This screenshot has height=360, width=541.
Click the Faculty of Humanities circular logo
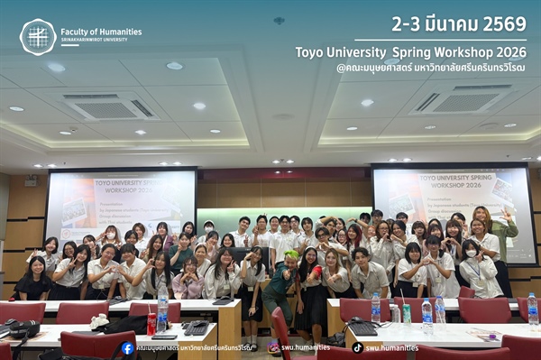point(38,37)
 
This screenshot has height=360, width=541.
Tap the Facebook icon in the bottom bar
point(127,348)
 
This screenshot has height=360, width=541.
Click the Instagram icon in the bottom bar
point(273,348)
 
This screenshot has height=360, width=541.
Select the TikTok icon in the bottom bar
point(358,348)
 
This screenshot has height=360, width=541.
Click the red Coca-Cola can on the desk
point(151,323)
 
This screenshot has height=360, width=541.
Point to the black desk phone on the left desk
point(195,328)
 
